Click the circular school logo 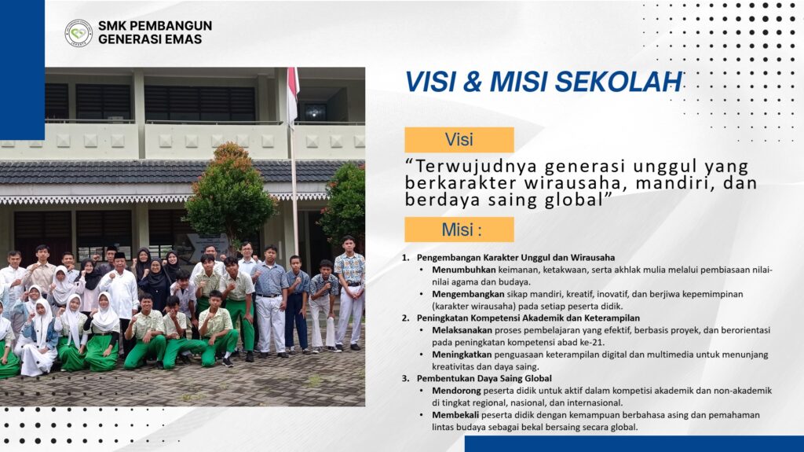click(79, 33)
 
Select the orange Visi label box click(459, 140)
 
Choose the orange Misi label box click(459, 230)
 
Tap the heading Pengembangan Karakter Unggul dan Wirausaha click(515, 257)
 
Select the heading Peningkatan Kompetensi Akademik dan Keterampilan click(528, 318)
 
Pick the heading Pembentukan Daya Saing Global click(484, 379)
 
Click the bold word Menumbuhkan click(463, 270)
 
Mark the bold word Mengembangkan click(468, 294)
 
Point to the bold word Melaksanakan click(462, 330)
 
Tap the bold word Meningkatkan click(462, 355)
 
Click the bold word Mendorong click(456, 391)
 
